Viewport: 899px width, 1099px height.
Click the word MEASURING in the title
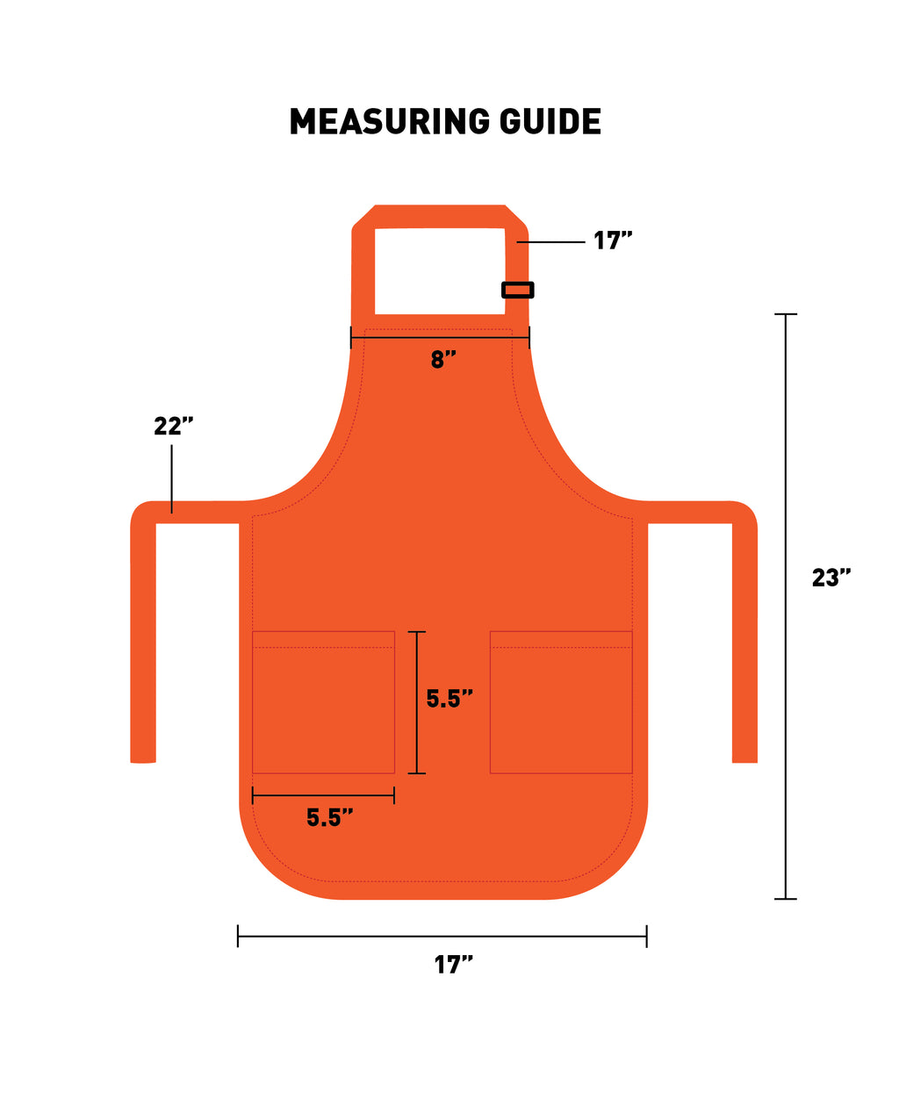[390, 122]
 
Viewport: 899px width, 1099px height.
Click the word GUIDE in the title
[550, 122]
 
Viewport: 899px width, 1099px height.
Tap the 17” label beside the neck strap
[612, 241]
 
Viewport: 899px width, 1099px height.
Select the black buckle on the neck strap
[517, 290]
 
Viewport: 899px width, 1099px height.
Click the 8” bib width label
[443, 359]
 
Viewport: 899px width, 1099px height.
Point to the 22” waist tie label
[173, 426]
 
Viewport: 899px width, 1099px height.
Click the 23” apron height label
[831, 578]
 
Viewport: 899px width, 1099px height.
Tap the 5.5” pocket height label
[449, 699]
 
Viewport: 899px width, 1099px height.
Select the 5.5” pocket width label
[329, 817]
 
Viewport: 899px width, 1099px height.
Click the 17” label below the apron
[453, 965]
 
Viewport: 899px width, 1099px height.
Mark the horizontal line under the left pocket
[323, 795]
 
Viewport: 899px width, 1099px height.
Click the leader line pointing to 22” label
[172, 478]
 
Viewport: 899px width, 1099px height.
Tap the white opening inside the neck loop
[440, 270]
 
